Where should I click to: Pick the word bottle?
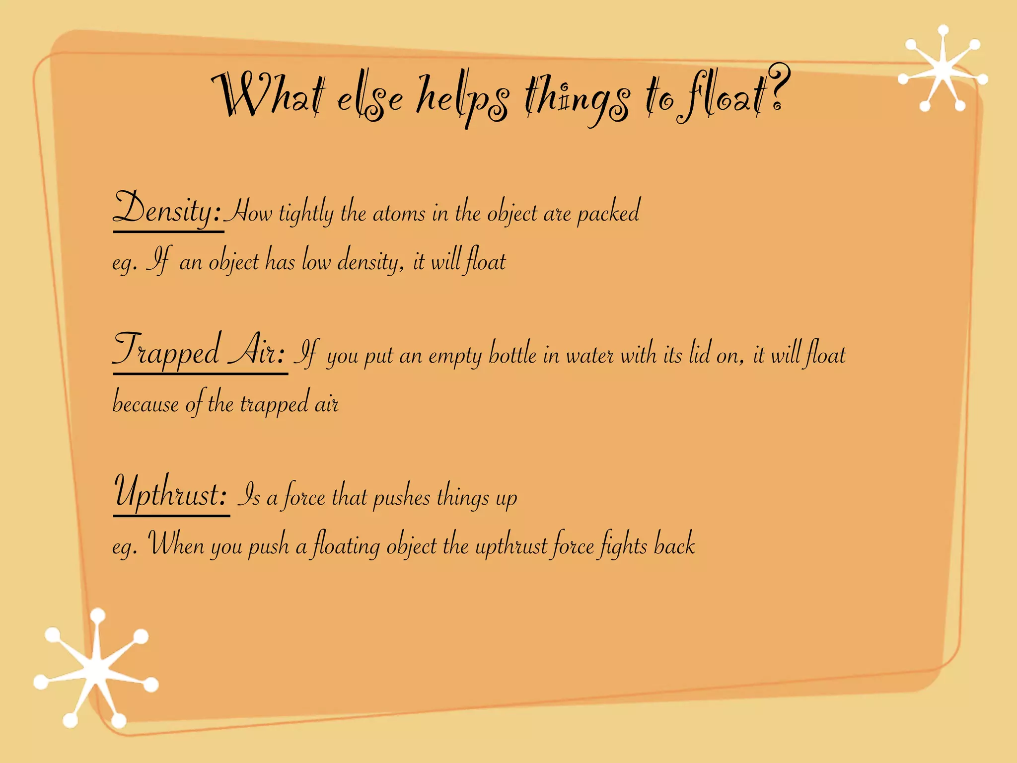pyautogui.click(x=512, y=355)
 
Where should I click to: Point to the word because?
pyautogui.click(x=145, y=403)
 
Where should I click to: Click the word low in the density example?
pyautogui.click(x=316, y=261)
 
